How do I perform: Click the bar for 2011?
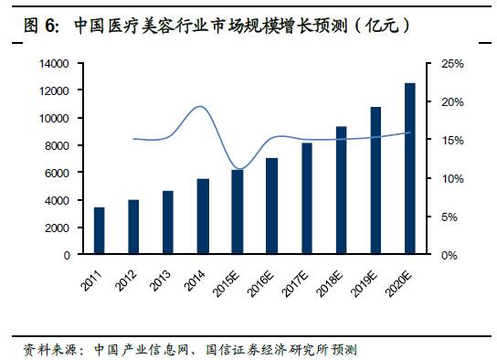pyautogui.click(x=99, y=231)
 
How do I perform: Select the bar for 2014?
pyautogui.click(x=203, y=217)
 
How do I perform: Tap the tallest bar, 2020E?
pyautogui.click(x=409, y=169)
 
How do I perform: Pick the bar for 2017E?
pyautogui.click(x=306, y=198)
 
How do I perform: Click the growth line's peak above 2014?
pyautogui.click(x=201, y=107)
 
